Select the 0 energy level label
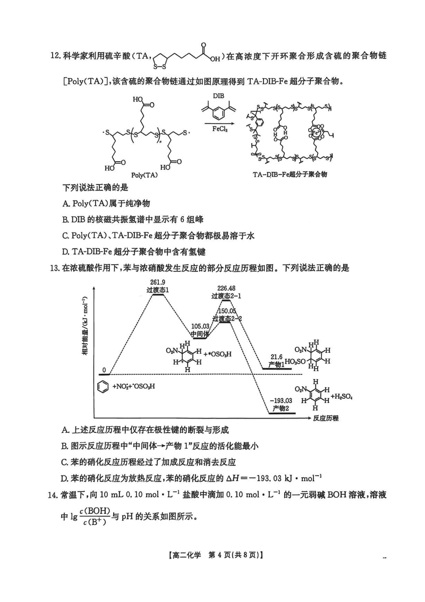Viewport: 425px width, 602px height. click(x=105, y=370)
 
